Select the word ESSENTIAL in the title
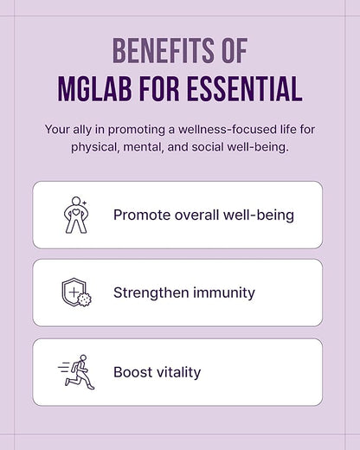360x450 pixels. (x=247, y=88)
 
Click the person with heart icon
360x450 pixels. (x=76, y=215)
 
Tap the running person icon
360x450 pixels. (x=76, y=372)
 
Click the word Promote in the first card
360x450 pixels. (x=142, y=215)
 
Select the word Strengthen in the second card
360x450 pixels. (x=150, y=292)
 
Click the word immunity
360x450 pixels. (x=223, y=292)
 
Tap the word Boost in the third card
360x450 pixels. (x=132, y=372)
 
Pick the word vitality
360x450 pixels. (x=178, y=372)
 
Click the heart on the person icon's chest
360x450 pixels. (x=76, y=210)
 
